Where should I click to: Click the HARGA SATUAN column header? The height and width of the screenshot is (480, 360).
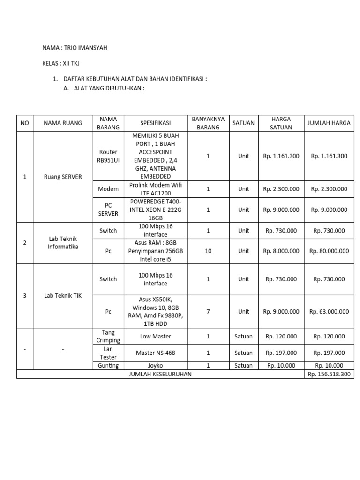coord(281,123)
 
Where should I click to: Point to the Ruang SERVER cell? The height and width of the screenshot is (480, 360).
coord(62,177)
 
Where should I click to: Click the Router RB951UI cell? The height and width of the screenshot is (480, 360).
coord(107,156)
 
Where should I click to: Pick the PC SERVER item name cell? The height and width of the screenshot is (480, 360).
coord(107,210)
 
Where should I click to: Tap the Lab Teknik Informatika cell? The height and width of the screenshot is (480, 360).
coord(62,243)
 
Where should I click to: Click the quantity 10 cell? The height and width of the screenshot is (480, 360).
coord(208,251)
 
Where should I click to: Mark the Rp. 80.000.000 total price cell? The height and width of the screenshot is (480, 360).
coord(329,251)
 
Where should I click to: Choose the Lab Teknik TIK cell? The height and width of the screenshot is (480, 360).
coord(62,296)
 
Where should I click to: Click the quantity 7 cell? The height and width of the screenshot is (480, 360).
coord(208,311)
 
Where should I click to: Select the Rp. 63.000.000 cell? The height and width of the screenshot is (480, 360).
coord(329,311)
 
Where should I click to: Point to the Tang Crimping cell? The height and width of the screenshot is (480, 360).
coord(107,336)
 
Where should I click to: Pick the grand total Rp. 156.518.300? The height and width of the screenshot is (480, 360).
coord(329,374)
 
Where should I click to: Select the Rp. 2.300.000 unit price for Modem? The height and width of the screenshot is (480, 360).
coord(281,189)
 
